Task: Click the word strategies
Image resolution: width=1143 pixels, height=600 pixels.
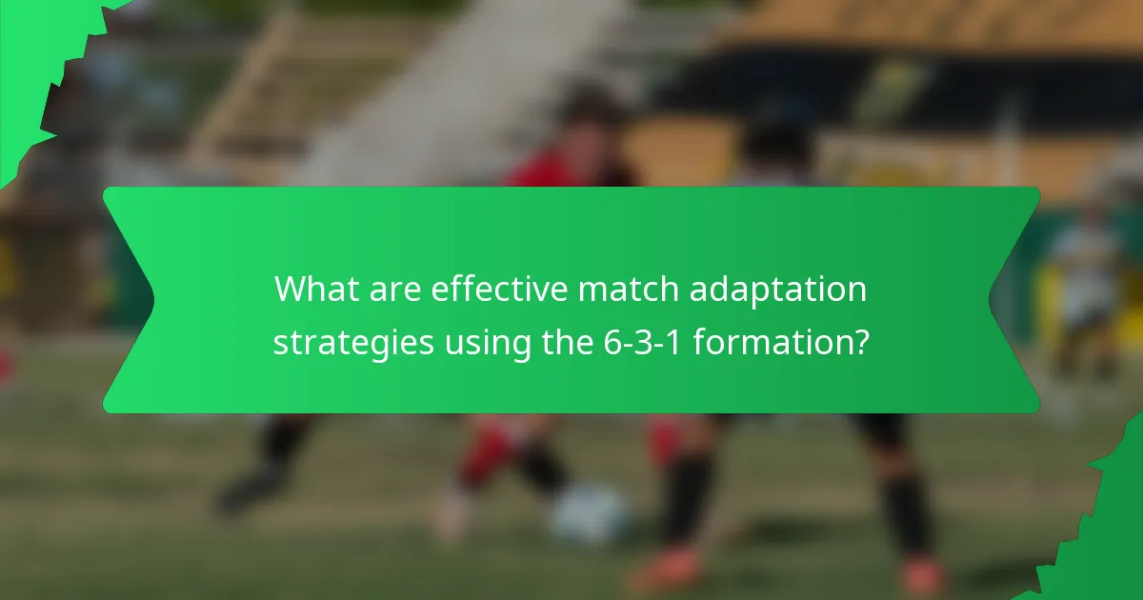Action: pos(351,341)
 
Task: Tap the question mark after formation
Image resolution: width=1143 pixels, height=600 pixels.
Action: pos(859,340)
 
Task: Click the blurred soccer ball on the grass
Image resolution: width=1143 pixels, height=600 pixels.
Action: pos(591,514)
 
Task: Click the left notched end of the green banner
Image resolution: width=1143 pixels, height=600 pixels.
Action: pos(129,300)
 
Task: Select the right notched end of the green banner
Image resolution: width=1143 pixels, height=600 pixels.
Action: pos(1014,300)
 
